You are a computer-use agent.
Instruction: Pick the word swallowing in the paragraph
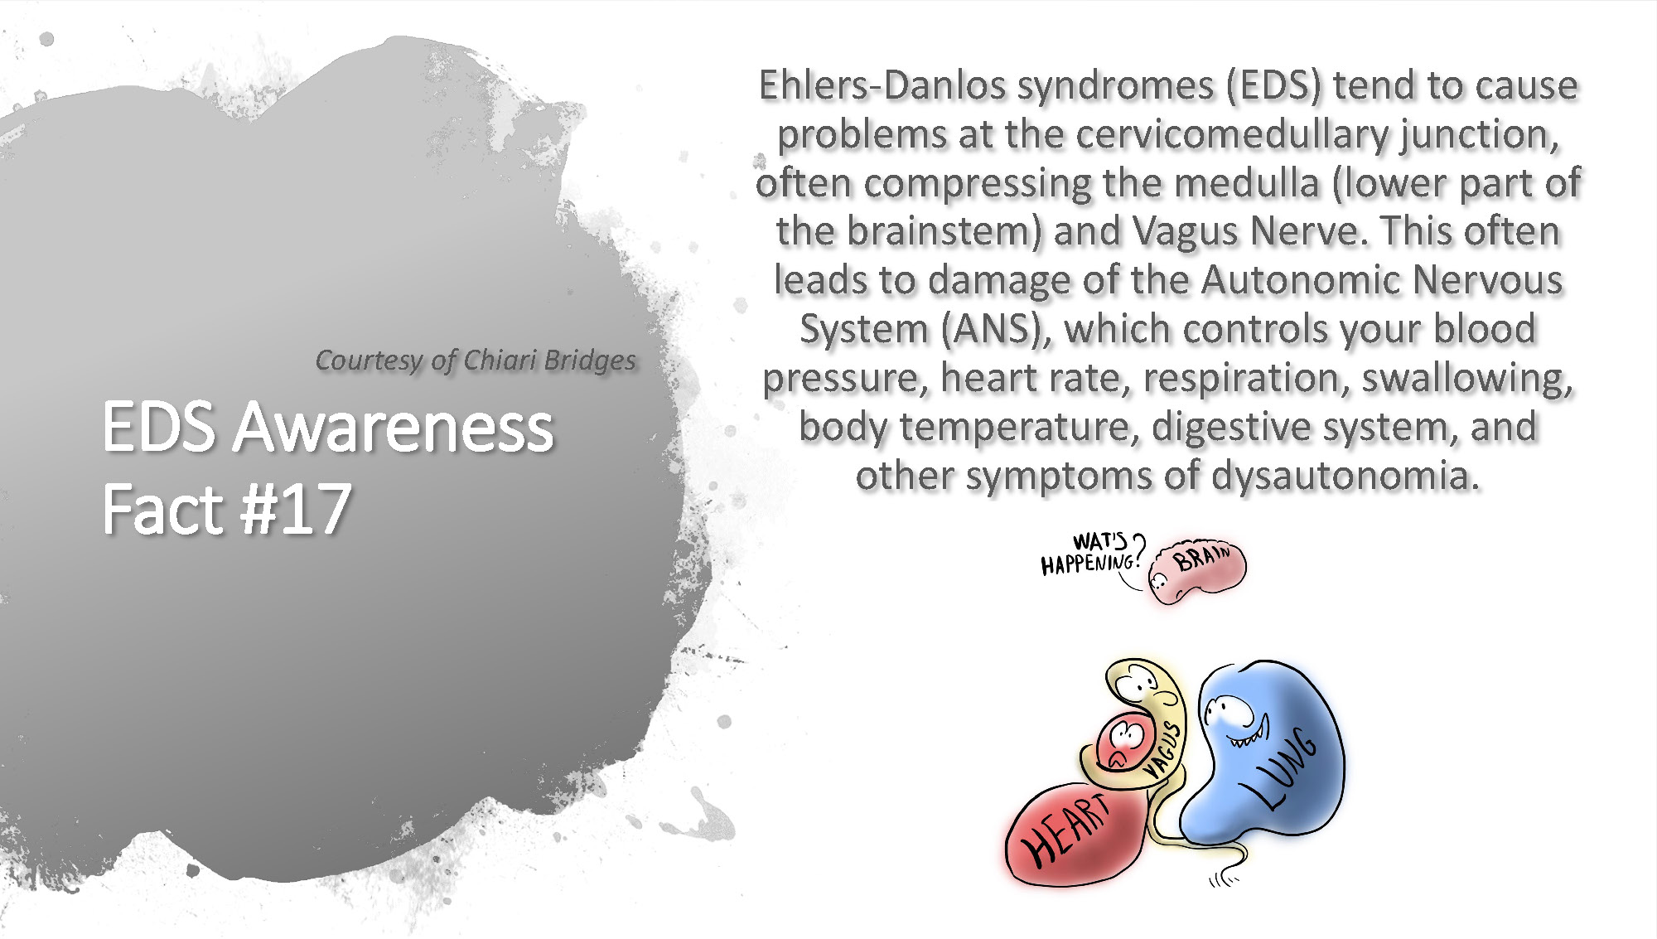click(1467, 378)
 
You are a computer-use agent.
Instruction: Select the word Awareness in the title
click(393, 428)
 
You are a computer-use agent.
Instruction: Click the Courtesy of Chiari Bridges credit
click(476, 361)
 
